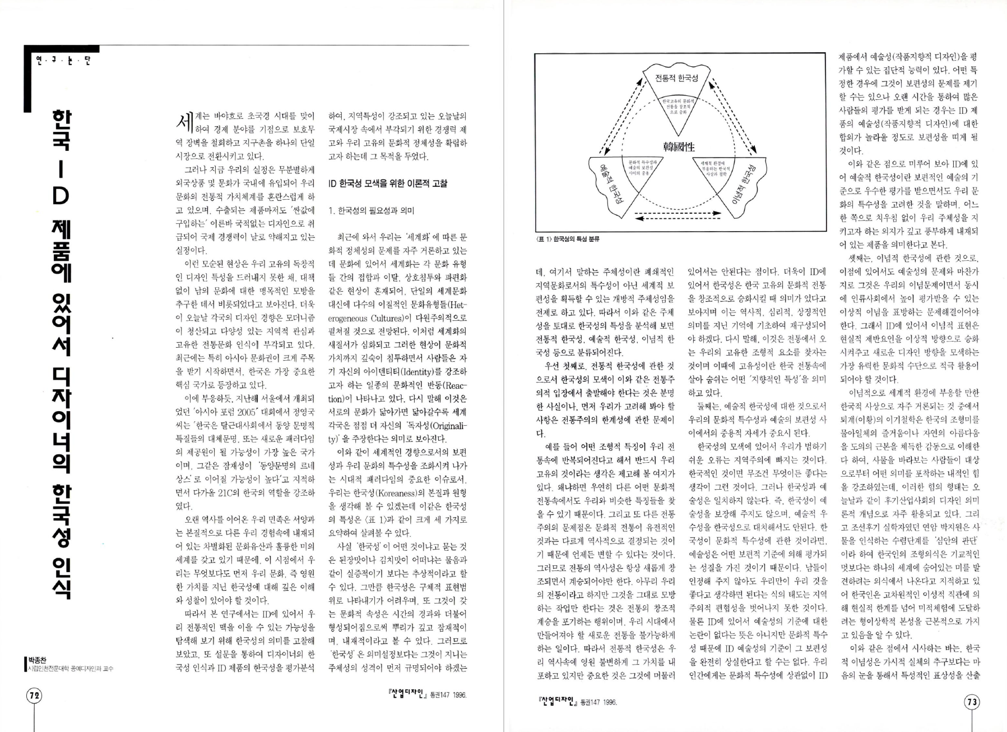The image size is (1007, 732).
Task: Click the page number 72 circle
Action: click(33, 696)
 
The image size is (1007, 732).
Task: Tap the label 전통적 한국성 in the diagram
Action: click(676, 78)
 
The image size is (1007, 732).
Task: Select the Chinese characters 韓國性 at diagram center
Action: click(679, 147)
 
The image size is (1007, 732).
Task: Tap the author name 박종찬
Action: click(38, 660)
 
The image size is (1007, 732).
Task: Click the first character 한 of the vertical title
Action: click(61, 122)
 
